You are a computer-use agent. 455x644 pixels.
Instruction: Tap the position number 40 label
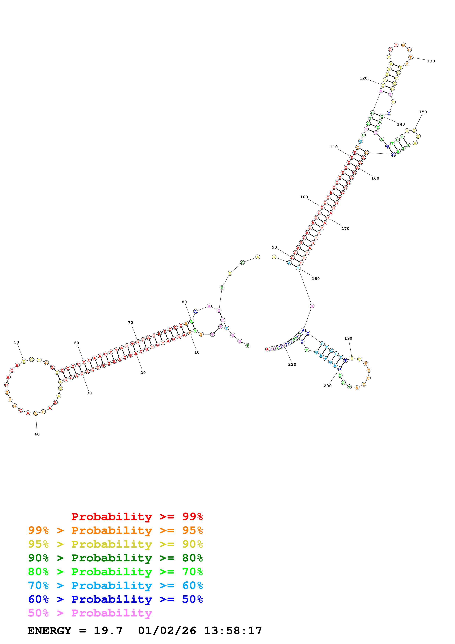click(x=37, y=434)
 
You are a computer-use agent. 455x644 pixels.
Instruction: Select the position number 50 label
click(x=17, y=342)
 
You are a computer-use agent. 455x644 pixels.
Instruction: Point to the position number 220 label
click(x=292, y=364)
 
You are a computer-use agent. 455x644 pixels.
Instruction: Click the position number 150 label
click(x=423, y=112)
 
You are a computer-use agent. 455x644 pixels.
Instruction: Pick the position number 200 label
click(x=327, y=386)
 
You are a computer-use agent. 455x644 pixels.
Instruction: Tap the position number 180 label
click(x=316, y=278)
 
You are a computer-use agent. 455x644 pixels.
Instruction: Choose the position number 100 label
click(x=304, y=197)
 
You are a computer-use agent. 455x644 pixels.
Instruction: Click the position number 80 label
click(x=184, y=302)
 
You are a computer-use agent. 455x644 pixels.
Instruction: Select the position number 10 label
click(x=197, y=352)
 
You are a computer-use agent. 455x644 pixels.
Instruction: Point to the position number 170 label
click(x=345, y=229)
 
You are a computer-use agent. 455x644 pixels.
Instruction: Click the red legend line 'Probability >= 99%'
click(x=137, y=517)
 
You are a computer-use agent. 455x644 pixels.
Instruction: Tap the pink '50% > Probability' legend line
click(x=90, y=613)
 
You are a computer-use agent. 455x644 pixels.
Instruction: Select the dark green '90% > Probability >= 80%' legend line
click(x=115, y=558)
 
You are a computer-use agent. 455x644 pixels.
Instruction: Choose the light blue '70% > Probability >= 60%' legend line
click(x=115, y=586)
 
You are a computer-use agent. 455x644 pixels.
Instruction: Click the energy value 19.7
click(x=108, y=631)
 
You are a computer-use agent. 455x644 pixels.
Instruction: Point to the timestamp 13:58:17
click(x=233, y=631)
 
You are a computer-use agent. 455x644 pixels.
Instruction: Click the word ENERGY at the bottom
click(x=49, y=631)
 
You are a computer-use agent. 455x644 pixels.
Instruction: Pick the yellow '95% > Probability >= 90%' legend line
click(x=115, y=544)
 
